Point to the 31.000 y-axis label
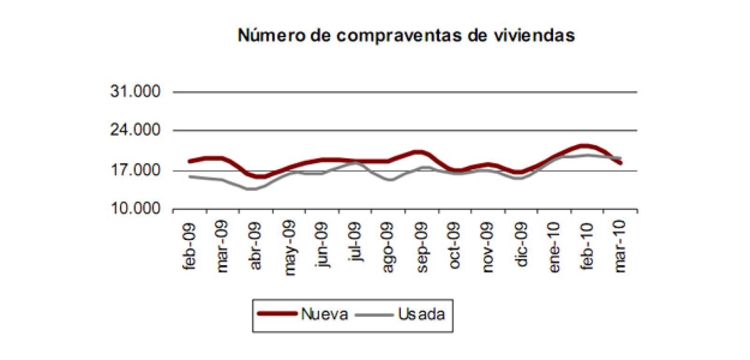click(135, 91)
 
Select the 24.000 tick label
click(135, 130)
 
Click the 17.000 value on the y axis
click(135, 170)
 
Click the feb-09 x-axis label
click(190, 246)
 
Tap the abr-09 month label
click(256, 246)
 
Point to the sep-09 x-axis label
click(422, 246)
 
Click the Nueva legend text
click(324, 314)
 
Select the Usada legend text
click(421, 314)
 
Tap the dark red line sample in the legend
click(277, 314)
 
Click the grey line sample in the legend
click(374, 314)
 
